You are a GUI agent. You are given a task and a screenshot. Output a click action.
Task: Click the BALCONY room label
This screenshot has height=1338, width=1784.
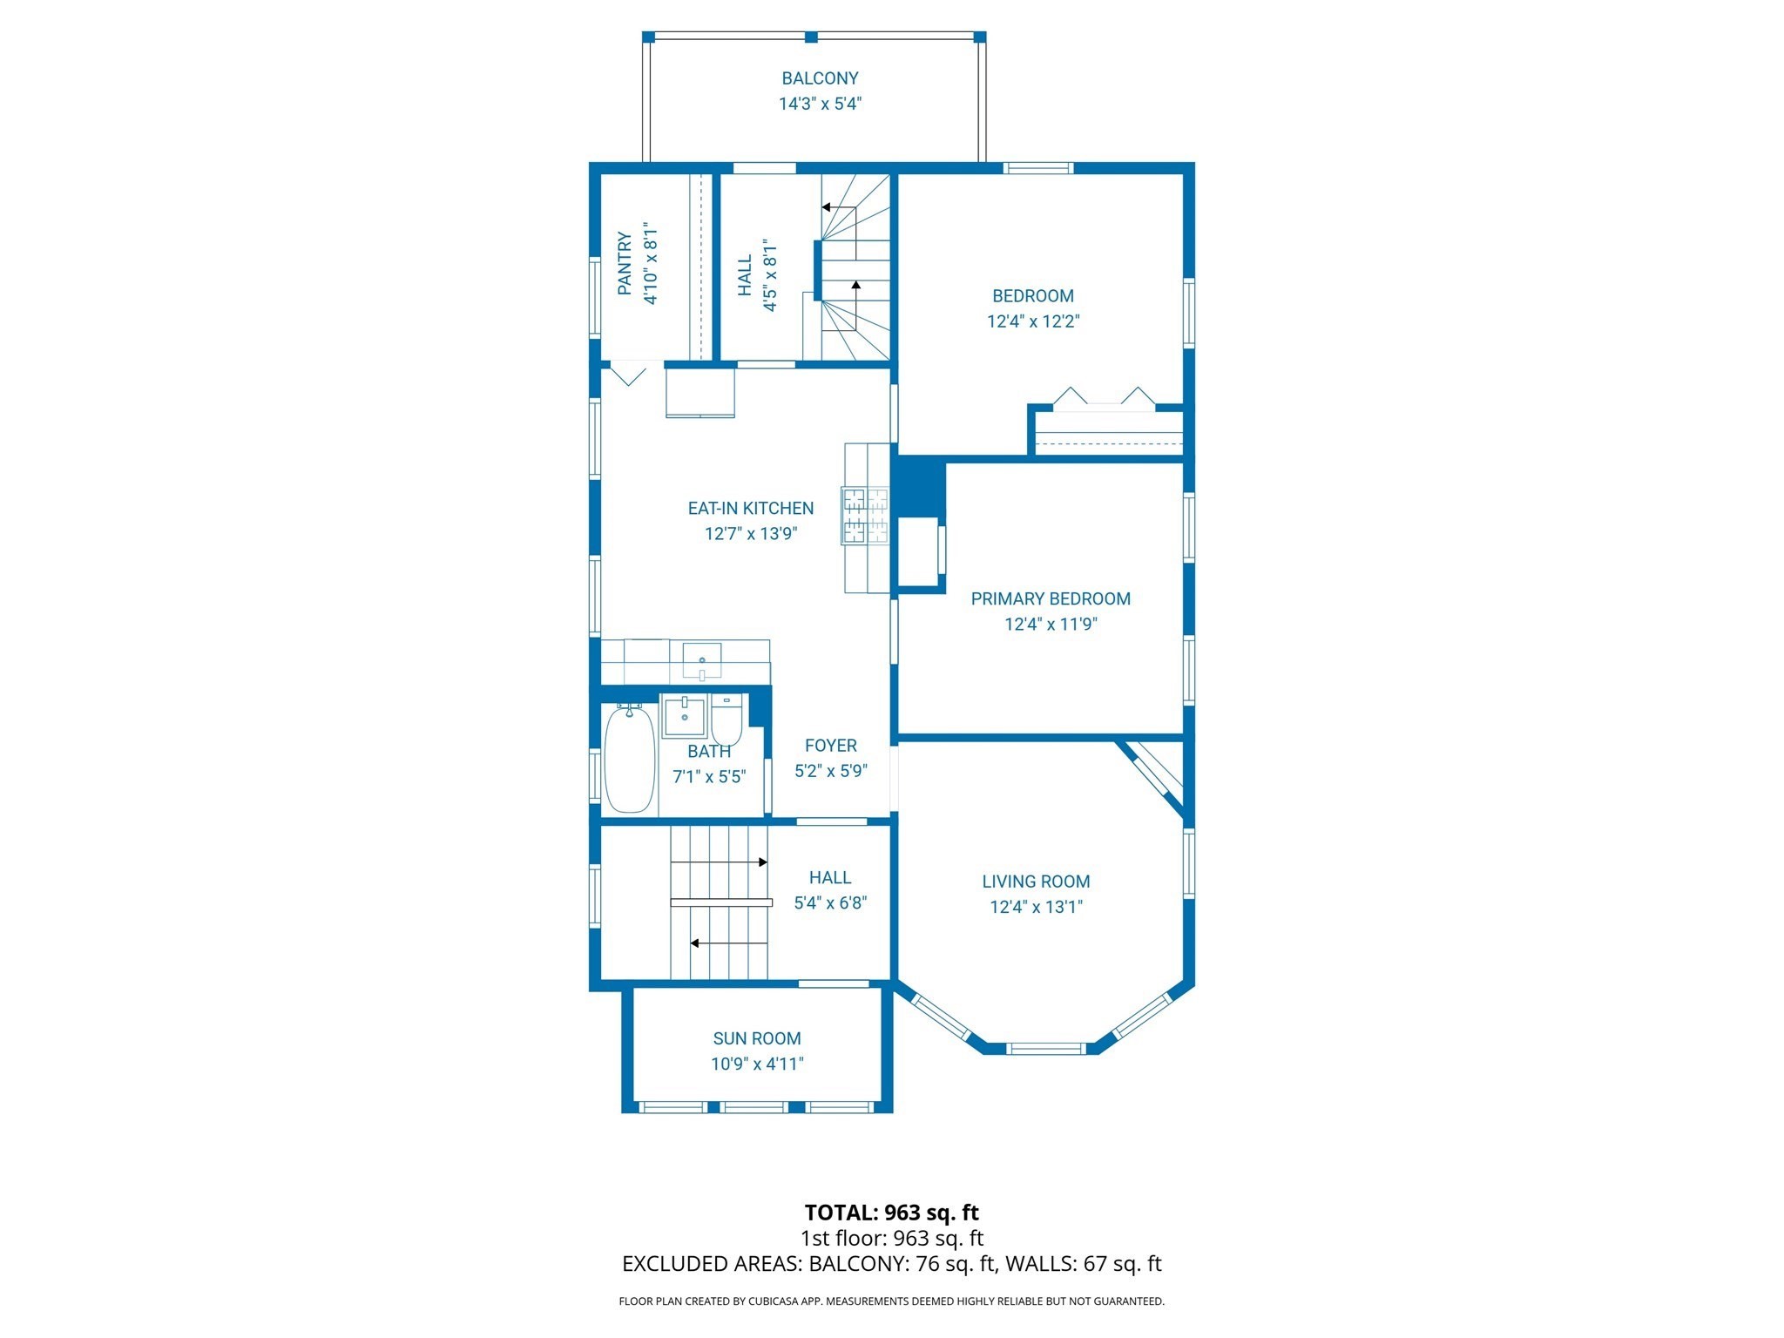pos(819,78)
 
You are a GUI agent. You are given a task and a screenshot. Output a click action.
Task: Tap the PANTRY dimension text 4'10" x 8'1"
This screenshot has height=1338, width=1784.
pos(650,263)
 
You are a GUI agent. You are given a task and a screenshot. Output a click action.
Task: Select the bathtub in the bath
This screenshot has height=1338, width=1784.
pos(629,760)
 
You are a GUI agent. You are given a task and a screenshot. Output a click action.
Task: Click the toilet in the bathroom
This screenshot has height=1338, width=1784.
pos(726,718)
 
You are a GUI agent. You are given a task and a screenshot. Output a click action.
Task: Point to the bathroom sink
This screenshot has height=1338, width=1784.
pos(684,715)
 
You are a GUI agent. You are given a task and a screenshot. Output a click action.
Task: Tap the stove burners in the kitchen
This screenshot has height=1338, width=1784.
pos(864,516)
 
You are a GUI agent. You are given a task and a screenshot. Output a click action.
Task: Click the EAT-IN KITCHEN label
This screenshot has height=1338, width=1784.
pos(750,508)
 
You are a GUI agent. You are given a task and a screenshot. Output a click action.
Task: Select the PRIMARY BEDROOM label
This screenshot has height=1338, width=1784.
pos(1050,598)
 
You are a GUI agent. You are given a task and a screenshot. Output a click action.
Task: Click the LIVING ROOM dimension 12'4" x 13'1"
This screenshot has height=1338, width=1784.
pos(1035,907)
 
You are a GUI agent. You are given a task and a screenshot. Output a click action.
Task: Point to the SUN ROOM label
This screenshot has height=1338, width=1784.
pos(756,1038)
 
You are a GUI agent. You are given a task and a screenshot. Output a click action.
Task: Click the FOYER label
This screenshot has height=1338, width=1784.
pos(830,746)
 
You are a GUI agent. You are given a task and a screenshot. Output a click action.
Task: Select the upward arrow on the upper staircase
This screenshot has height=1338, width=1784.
pos(856,286)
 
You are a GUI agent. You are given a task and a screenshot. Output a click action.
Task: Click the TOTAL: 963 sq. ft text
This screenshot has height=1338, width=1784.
pos(891,1213)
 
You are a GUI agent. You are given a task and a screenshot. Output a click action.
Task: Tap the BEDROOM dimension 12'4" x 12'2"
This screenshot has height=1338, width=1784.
pos(1032,321)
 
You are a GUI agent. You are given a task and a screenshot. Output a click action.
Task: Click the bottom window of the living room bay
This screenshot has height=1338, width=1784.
pos(1046,1048)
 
